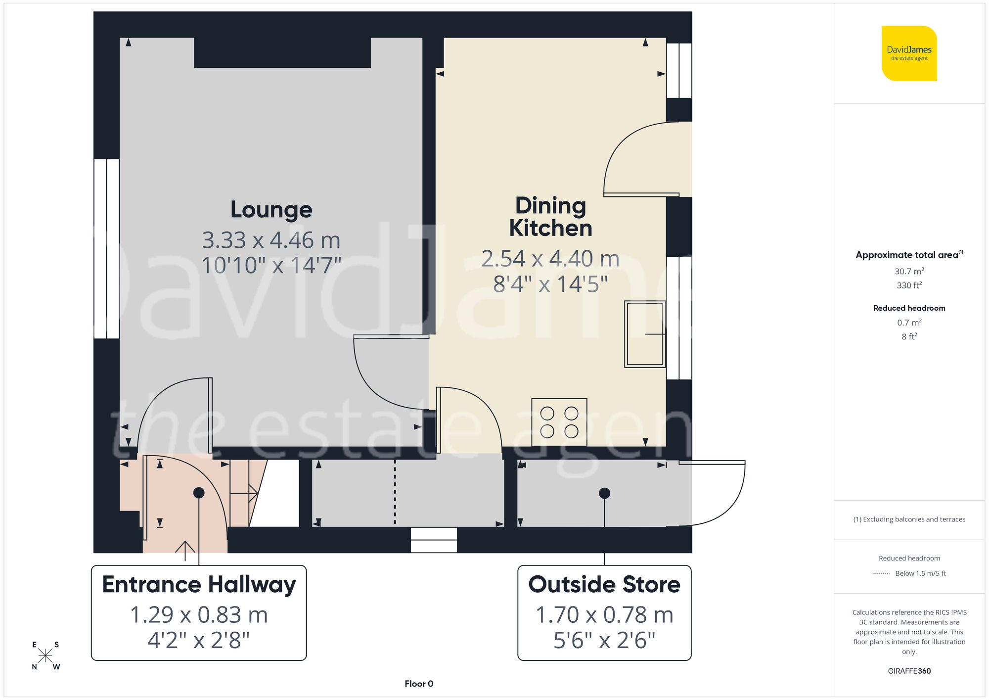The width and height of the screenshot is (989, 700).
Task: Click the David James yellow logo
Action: (x=909, y=53)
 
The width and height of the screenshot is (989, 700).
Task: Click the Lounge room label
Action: (x=271, y=210)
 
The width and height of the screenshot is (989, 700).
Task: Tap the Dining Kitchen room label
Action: (x=550, y=217)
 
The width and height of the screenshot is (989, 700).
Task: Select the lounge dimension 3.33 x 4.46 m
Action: (x=271, y=240)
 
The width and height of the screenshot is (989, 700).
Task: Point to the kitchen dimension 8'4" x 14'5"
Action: (x=550, y=284)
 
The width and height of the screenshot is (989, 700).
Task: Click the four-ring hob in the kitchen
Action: (x=559, y=422)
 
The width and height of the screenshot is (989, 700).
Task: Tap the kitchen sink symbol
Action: (x=645, y=334)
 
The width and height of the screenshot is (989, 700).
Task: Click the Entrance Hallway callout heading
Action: (x=199, y=585)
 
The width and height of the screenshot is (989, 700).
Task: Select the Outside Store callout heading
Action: (x=604, y=585)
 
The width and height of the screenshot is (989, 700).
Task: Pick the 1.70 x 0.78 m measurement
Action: (x=604, y=615)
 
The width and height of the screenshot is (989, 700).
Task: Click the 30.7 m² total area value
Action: (x=909, y=271)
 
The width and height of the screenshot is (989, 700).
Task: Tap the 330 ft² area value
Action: (x=909, y=285)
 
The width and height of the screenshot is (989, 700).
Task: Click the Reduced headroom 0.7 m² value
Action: (x=909, y=323)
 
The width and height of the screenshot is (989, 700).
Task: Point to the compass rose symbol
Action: (x=45, y=656)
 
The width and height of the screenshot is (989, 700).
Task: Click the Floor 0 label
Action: (x=419, y=684)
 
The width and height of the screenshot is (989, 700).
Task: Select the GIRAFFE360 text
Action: (x=909, y=671)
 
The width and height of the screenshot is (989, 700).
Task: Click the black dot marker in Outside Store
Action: (x=604, y=493)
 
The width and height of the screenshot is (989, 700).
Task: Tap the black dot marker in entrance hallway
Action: (x=199, y=493)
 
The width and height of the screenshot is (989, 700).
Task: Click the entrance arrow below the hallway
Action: (x=185, y=550)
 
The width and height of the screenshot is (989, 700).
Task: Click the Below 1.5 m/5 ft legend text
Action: (x=920, y=573)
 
